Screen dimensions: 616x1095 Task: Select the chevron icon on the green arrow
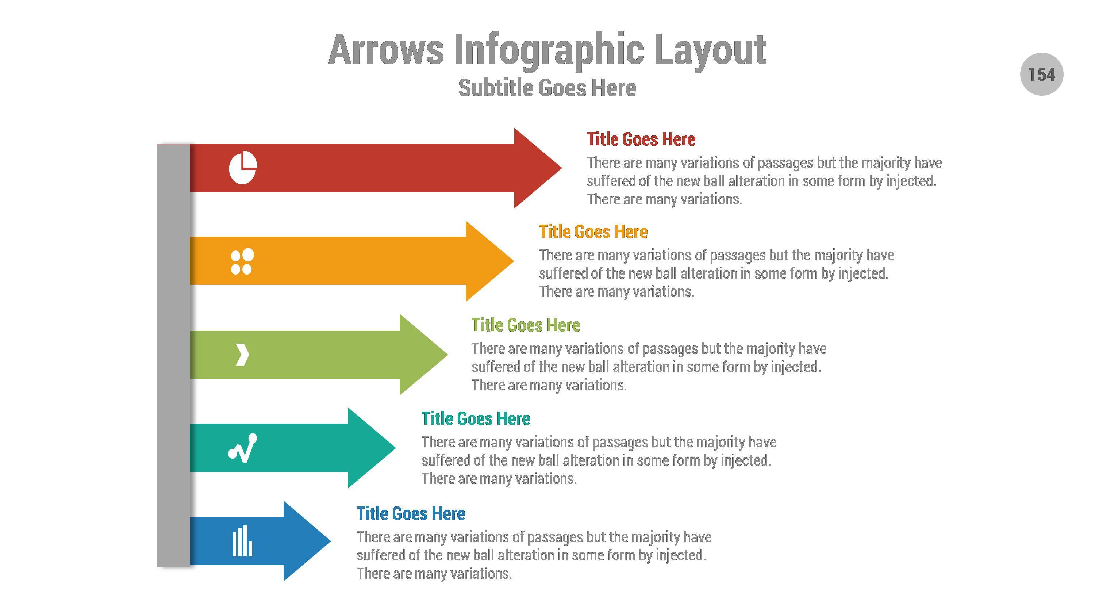pos(242,355)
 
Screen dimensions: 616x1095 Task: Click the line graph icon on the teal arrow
pos(243,448)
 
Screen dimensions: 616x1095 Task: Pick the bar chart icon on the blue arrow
pos(242,541)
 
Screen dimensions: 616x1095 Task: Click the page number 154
pos(1041,74)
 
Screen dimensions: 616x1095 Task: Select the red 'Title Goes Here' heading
pos(641,139)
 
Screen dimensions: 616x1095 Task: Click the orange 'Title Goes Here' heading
pos(593,232)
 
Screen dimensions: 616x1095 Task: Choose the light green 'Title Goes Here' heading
pos(525,325)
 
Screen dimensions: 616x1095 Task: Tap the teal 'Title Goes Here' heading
pos(475,419)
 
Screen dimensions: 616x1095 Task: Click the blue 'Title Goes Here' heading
pos(410,513)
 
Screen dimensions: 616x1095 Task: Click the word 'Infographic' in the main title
pos(549,50)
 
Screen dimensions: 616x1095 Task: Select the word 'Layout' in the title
pos(710,50)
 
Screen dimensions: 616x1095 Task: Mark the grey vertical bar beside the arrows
pos(173,355)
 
